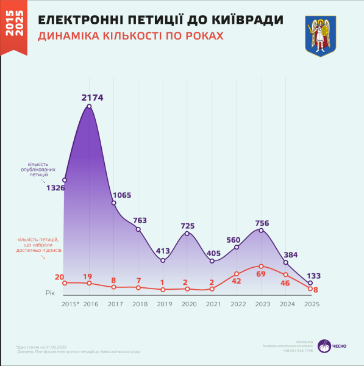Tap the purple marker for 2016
[x=90, y=107]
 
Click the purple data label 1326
[x=55, y=188]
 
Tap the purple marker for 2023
[x=261, y=230]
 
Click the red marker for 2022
[x=237, y=274]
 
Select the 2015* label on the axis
[x=70, y=304]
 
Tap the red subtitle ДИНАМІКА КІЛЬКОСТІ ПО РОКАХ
[x=130, y=36]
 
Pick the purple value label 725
[x=188, y=226]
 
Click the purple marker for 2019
[x=163, y=260]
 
